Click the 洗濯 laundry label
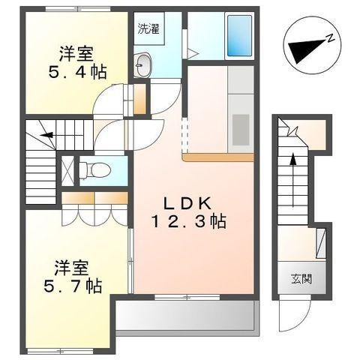click(x=148, y=30)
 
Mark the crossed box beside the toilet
click(x=67, y=168)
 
